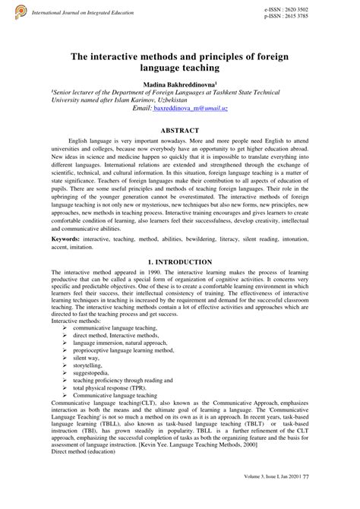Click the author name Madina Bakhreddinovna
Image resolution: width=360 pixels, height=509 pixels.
179,84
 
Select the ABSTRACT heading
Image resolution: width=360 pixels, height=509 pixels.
180,130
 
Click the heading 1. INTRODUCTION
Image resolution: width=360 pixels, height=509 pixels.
180,261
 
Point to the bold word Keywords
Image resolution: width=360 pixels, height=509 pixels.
66,239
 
